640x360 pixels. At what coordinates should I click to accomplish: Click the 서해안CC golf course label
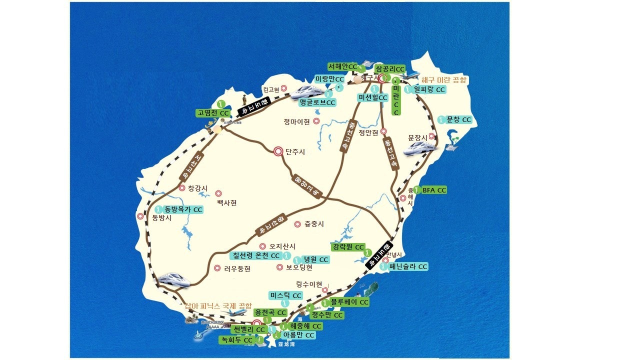tap(343, 66)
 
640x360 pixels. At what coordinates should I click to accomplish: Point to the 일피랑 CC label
tap(425, 89)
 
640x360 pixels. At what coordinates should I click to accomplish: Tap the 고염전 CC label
tap(213, 113)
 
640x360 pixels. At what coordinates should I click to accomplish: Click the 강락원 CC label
tap(348, 247)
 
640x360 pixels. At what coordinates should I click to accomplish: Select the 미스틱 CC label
tap(285, 295)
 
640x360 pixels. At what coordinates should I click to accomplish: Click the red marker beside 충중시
tap(297, 224)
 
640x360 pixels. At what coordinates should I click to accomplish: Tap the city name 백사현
tap(226, 202)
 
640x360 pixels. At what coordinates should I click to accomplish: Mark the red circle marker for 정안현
tap(383, 131)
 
